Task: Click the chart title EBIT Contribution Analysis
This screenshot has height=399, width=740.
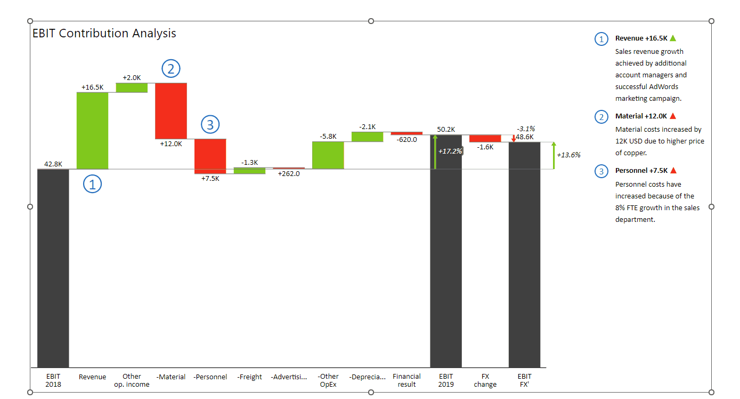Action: point(104,34)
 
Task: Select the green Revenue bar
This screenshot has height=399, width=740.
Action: point(92,131)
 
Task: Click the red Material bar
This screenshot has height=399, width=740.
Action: point(171,110)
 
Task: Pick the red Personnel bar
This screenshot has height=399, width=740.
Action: point(210,156)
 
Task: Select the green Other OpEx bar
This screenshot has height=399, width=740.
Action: point(328,155)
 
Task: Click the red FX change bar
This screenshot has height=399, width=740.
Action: point(485,139)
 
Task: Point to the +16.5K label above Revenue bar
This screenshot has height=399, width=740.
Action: point(92,87)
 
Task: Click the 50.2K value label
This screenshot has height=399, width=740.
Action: point(445,130)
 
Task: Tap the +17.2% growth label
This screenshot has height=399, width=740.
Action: point(450,151)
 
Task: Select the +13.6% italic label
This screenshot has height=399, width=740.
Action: point(568,155)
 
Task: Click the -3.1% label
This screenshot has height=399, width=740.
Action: point(526,129)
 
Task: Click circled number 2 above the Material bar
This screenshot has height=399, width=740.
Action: point(171,69)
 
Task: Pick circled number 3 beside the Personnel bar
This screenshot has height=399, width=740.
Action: point(210,125)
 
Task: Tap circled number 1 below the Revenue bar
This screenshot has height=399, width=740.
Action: point(92,185)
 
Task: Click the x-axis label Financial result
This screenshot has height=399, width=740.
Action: point(406,380)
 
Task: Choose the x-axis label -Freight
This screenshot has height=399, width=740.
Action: point(250,377)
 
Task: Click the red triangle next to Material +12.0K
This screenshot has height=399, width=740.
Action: point(673,116)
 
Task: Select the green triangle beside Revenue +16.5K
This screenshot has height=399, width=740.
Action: point(673,38)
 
